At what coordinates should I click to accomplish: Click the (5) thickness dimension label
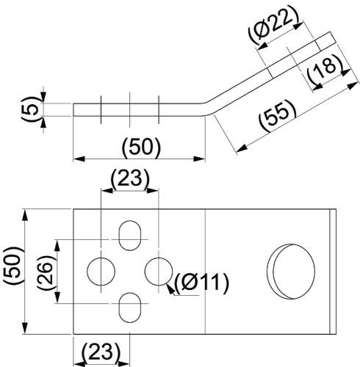32,109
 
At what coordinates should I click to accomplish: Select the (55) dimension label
278,116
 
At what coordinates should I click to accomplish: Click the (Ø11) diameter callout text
201,283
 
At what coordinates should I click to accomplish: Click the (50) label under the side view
141,148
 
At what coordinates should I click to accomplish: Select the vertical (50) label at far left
14,266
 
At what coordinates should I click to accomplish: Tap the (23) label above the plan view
129,178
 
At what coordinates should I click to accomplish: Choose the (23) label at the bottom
101,352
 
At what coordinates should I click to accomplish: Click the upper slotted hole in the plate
130,236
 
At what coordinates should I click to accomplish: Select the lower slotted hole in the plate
130,308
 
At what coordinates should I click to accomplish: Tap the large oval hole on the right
291,272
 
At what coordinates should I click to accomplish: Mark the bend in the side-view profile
207,108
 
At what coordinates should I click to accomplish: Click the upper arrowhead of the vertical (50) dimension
25,215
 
